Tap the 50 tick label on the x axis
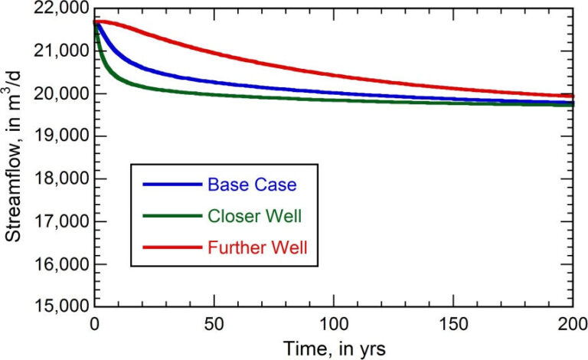tap(214, 322)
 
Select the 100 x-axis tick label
tap(335, 322)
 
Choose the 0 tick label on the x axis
tap(94, 322)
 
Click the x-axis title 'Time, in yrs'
tap(335, 347)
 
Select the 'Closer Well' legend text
tap(253, 216)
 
